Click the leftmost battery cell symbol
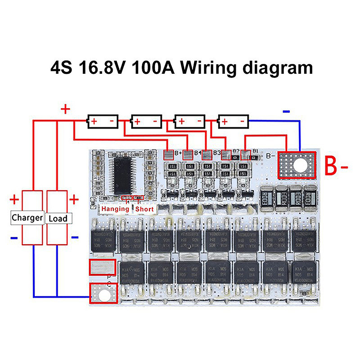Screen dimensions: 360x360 (103, 121)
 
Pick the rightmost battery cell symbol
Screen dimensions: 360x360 (233, 121)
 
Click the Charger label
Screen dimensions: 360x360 (27, 218)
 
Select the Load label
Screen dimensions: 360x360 (58, 219)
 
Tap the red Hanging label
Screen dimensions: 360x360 (115, 209)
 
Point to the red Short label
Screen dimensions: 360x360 (144, 209)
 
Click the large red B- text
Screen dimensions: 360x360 (337, 168)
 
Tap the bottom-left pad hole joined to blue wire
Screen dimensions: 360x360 (103, 295)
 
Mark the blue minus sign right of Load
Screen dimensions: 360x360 (74, 237)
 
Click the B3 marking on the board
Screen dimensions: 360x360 (217, 153)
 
